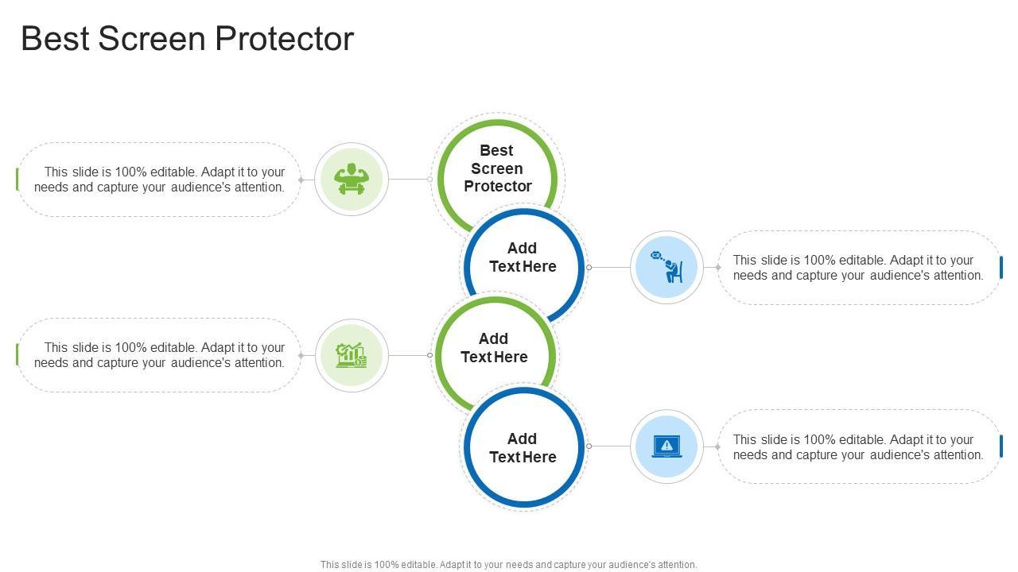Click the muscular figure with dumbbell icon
tap(351, 180)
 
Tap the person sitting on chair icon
tap(666, 268)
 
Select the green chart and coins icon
tap(351, 355)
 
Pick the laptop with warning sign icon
tap(666, 446)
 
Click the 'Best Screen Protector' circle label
tap(497, 168)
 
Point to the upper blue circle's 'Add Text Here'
tap(523, 257)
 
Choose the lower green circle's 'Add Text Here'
tap(494, 348)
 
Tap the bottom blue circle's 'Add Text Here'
tap(523, 448)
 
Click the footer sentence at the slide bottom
tap(508, 565)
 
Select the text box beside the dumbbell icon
tap(159, 180)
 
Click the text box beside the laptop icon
tap(858, 447)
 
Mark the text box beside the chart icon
tap(159, 355)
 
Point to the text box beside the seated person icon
tap(858, 268)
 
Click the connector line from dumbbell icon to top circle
tap(409, 180)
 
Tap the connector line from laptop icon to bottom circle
tap(610, 446)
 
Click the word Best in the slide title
tap(55, 39)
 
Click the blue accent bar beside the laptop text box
tap(1001, 446)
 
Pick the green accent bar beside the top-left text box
tap(17, 180)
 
